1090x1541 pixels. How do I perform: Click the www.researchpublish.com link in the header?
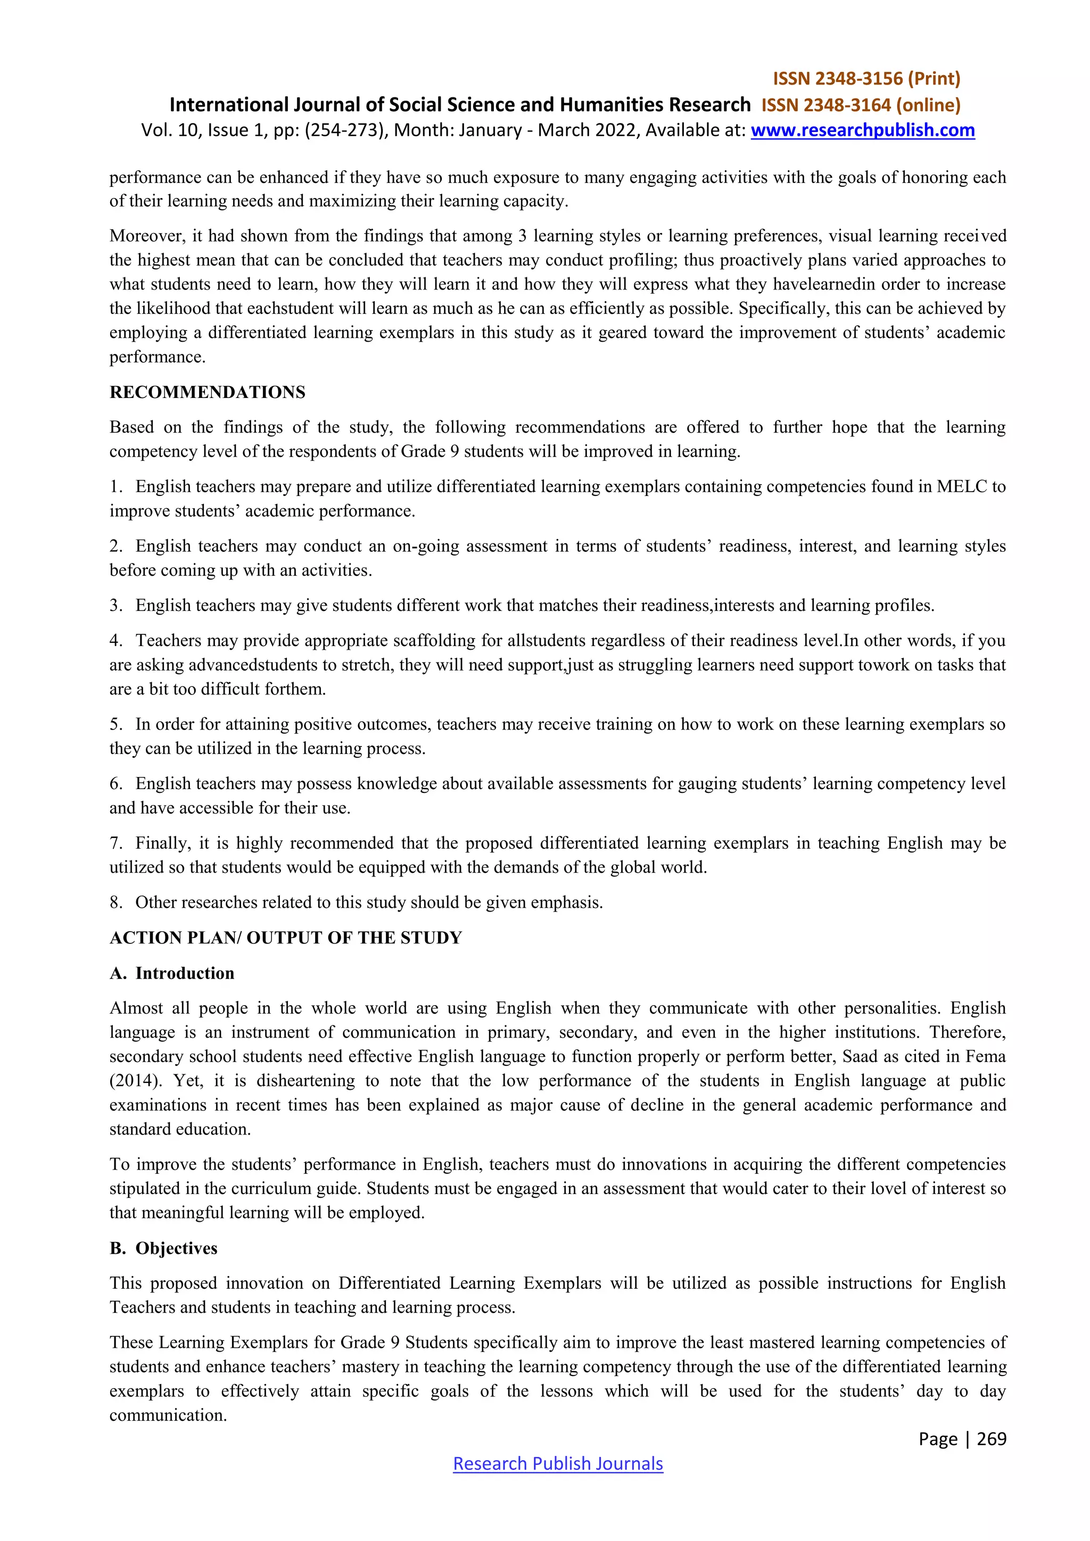click(x=862, y=130)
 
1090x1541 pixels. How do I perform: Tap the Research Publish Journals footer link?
click(x=558, y=1463)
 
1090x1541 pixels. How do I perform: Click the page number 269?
click(x=992, y=1438)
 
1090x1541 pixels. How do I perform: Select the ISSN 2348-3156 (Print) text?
click(x=866, y=79)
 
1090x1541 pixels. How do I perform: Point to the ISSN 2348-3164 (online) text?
click(x=861, y=105)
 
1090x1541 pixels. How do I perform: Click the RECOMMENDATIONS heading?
click(x=208, y=392)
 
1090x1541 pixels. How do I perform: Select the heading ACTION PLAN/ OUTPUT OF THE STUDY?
click(x=286, y=938)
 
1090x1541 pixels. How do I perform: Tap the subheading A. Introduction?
click(x=172, y=973)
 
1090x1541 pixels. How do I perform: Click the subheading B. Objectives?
click(x=164, y=1248)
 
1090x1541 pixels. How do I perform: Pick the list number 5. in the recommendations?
click(x=116, y=724)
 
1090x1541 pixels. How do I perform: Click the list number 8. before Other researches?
click(x=116, y=902)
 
